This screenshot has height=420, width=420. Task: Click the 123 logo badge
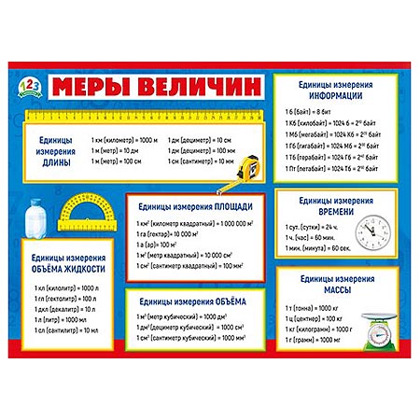point(28,86)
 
